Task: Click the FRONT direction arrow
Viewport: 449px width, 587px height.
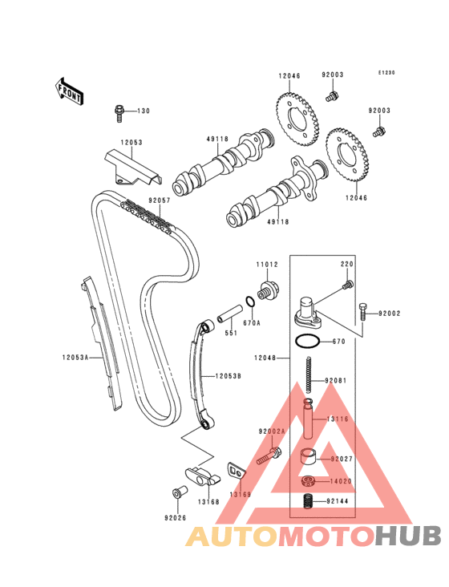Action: [x=68, y=91]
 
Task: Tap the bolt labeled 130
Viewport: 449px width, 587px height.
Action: [x=119, y=113]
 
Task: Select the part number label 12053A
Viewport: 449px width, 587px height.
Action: [x=75, y=358]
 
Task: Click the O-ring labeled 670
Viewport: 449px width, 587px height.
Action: [x=308, y=342]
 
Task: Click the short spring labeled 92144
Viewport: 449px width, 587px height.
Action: [x=308, y=501]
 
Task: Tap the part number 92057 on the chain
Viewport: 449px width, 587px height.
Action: [x=160, y=200]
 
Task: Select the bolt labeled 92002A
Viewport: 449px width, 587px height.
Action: [x=269, y=455]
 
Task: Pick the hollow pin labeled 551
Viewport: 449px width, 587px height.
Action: [x=230, y=314]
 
